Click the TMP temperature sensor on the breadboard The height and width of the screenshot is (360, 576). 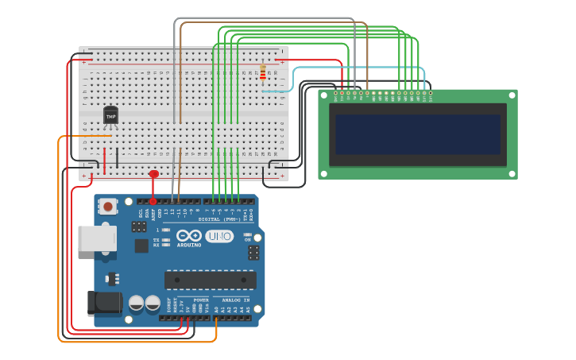pyautogui.click(x=110, y=116)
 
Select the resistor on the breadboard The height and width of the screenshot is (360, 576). pyautogui.click(x=263, y=72)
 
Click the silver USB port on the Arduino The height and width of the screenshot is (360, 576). pyautogui.click(x=96, y=238)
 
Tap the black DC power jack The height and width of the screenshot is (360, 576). pyautogui.click(x=103, y=303)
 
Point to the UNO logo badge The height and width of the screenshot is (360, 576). pyautogui.click(x=219, y=236)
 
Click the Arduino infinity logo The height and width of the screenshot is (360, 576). pyautogui.click(x=189, y=236)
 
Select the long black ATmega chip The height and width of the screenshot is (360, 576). pyautogui.click(x=210, y=280)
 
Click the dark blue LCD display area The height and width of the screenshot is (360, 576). pyautogui.click(x=418, y=134)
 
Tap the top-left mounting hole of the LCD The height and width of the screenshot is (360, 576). pyautogui.click(x=324, y=95)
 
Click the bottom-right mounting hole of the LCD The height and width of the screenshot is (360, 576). pyautogui.click(x=511, y=172)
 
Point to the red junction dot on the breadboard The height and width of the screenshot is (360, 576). pyautogui.click(x=154, y=173)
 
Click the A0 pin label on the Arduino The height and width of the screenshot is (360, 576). pyautogui.click(x=216, y=308)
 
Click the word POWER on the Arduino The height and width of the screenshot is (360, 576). pyautogui.click(x=201, y=300)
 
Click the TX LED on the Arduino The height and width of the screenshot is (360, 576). pyautogui.click(x=165, y=239)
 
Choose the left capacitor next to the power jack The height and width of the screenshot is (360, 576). pyautogui.click(x=136, y=303)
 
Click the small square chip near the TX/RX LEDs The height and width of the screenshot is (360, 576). pyautogui.click(x=141, y=246)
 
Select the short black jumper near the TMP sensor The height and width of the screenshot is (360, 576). pyautogui.click(x=117, y=157)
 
